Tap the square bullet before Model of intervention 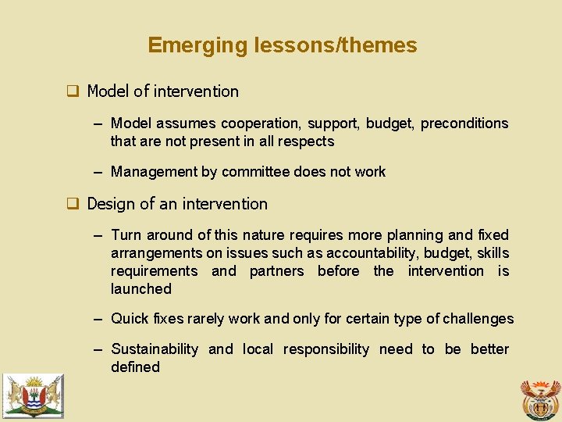click(x=72, y=91)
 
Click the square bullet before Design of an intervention click(x=72, y=204)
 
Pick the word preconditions click(x=464, y=123)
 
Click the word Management click(x=153, y=172)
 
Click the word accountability click(x=372, y=253)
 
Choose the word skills click(x=493, y=253)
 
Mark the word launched click(x=140, y=289)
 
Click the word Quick click(x=130, y=319)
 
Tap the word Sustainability click(x=155, y=349)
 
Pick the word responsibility click(x=325, y=349)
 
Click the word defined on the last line click(x=135, y=367)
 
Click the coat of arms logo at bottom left click(x=33, y=395)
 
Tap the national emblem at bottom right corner click(x=540, y=399)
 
